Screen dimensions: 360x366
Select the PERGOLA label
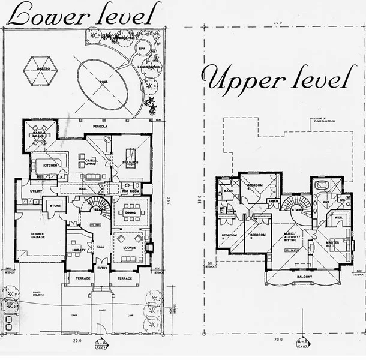pos(99,127)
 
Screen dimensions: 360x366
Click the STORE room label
pos(56,206)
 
